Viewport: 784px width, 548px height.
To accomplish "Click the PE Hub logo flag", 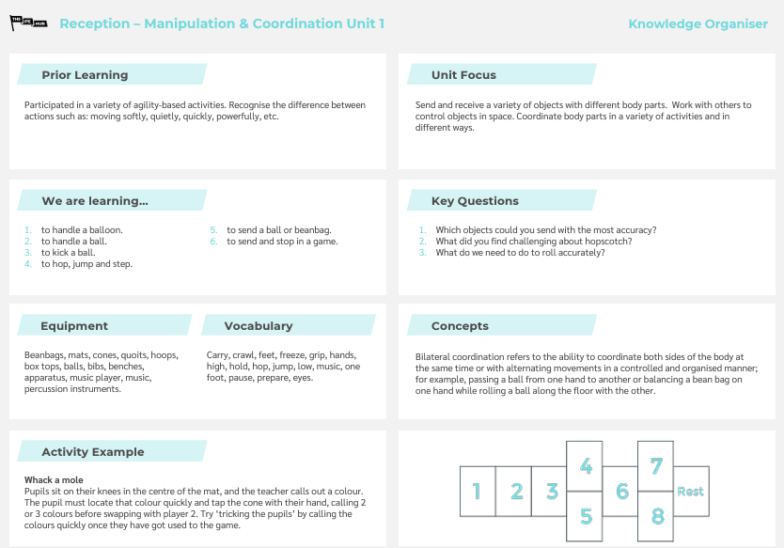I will pos(28,23).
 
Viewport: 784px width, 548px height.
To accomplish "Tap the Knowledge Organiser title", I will pos(698,23).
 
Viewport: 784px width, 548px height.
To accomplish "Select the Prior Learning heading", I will pos(85,75).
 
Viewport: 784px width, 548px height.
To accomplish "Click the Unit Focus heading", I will pos(463,75).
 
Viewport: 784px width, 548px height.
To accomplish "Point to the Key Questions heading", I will pos(475,201).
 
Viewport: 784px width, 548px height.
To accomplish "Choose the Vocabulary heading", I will pos(258,326).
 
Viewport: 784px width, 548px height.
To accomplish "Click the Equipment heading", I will pos(74,326).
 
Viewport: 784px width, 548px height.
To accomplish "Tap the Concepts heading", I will pos(460,326).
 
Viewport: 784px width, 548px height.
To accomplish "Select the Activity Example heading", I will pos(93,452).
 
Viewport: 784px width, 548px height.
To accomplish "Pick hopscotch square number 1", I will pos(477,491).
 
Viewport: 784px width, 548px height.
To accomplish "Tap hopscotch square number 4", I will pos(585,466).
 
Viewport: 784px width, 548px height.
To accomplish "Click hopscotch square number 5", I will pos(585,516).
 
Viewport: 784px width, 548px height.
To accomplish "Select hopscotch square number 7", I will pos(656,466).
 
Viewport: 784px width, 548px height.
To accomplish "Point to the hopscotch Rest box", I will pos(691,491).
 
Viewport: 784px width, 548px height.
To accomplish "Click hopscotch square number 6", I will pos(621,491).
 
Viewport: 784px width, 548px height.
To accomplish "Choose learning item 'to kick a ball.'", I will pos(68,253).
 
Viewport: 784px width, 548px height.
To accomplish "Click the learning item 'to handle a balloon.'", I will pos(82,229).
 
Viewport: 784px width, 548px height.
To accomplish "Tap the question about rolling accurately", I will pos(520,253).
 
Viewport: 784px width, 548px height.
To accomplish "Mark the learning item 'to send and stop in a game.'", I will pos(282,242).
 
